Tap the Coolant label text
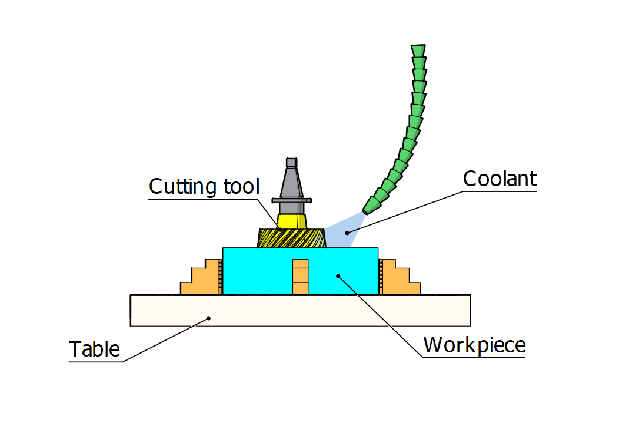pos(500,179)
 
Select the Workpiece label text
pos(474,345)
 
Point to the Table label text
pos(95,349)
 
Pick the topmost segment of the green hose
pos(418,50)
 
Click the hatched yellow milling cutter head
pos(291,238)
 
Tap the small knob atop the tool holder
pos(291,162)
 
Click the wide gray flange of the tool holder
pos(291,200)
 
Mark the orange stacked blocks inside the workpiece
pos(300,277)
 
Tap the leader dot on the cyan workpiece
pos(337,274)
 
